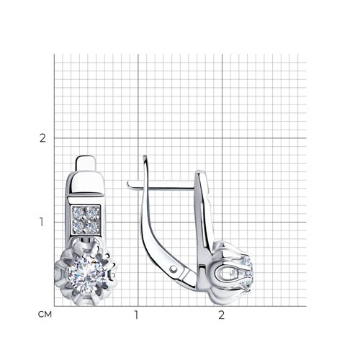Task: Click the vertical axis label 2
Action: point(42,138)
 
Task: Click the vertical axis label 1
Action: point(42,222)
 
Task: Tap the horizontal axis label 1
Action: point(136,315)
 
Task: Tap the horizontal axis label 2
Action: point(222,315)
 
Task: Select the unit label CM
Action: point(45,315)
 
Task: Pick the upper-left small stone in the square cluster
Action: point(78,212)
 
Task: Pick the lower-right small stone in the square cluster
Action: point(92,226)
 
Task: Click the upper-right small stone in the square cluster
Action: point(92,212)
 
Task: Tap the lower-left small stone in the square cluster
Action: point(78,226)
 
